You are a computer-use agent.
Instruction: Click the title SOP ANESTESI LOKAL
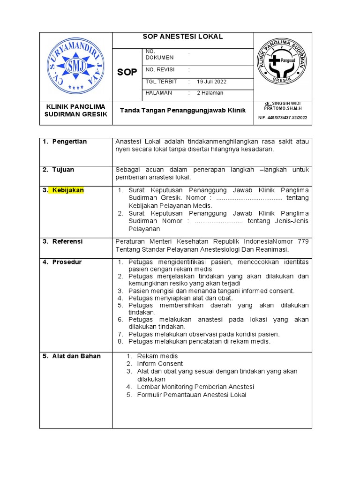pos(182,37)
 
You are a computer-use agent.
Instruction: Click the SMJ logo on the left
pos(75,65)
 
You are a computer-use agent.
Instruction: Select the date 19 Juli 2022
pos(211,82)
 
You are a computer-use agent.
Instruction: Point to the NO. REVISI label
pos(160,70)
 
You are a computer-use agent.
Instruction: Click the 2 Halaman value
pos(210,93)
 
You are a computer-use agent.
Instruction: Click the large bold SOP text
pos(127,72)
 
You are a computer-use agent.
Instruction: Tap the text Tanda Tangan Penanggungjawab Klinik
pos(183,111)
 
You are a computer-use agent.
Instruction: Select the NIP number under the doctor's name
pos(283,118)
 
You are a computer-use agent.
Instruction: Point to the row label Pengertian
pos(69,142)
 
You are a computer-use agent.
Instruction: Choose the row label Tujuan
pos(63,169)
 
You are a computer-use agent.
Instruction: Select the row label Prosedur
pos(67,262)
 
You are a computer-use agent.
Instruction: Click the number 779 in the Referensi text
pos(303,241)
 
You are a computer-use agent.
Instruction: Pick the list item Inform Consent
pos(160,364)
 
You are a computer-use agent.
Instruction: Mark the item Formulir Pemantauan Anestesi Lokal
pos(191,395)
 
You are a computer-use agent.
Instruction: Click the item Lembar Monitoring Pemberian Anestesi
pos(195,387)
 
